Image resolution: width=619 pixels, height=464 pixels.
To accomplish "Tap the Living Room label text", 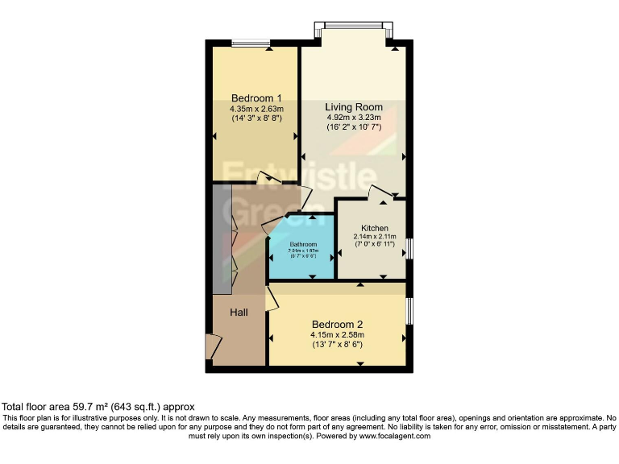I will [354, 107].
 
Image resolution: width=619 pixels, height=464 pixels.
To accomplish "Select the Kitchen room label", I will [375, 228].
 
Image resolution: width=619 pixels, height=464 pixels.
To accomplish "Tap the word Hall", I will [239, 313].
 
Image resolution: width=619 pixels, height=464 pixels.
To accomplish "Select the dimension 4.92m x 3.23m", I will [354, 118].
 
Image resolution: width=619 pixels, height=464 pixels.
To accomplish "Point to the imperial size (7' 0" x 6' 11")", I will [375, 245].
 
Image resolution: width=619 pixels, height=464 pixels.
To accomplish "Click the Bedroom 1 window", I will [250, 43].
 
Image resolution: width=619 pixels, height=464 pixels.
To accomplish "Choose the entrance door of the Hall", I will [212, 346].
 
